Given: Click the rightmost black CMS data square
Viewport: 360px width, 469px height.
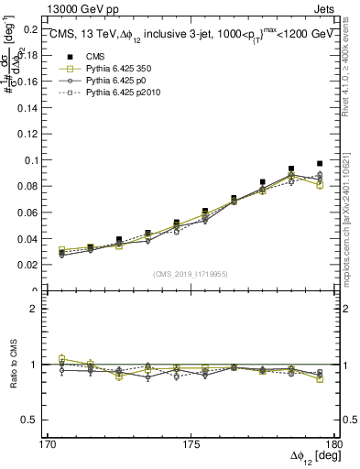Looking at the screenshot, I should (x=320, y=164).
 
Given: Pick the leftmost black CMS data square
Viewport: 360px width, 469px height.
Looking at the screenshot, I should (x=61, y=252).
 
